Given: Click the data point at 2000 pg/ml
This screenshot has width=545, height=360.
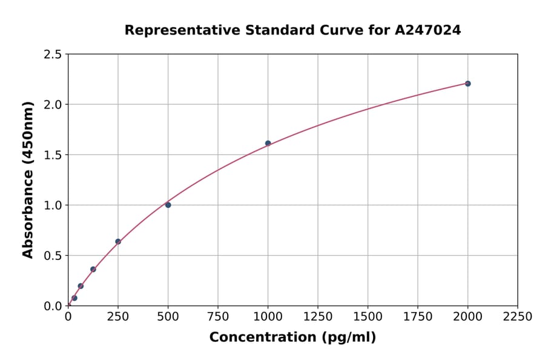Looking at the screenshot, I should [467, 84].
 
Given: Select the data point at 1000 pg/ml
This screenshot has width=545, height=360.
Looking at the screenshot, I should [268, 143].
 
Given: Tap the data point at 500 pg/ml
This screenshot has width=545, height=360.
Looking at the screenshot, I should [168, 205].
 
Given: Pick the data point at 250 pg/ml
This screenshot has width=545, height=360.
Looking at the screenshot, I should [118, 242].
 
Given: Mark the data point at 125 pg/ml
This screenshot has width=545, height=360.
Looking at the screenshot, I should [93, 269].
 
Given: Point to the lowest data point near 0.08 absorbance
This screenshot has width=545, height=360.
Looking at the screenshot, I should [74, 298].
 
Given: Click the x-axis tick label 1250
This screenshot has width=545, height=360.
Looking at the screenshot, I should [318, 317].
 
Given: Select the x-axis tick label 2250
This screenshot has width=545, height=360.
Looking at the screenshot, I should [518, 317].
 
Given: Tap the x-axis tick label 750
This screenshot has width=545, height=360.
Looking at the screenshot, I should [218, 317].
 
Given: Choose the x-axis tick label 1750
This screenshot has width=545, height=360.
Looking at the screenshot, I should [418, 317].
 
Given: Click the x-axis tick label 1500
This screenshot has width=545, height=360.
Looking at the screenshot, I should [368, 317].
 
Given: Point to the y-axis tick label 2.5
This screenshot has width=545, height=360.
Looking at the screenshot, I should [53, 55].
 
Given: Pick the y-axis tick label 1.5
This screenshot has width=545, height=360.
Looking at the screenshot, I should [53, 155].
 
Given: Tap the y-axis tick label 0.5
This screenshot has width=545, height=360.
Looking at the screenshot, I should [53, 256].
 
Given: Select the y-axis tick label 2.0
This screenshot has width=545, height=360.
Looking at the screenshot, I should [53, 105].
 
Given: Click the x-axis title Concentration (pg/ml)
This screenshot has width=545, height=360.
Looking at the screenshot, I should [292, 338].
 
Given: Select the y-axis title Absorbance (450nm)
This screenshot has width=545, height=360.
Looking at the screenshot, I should [28, 179].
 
